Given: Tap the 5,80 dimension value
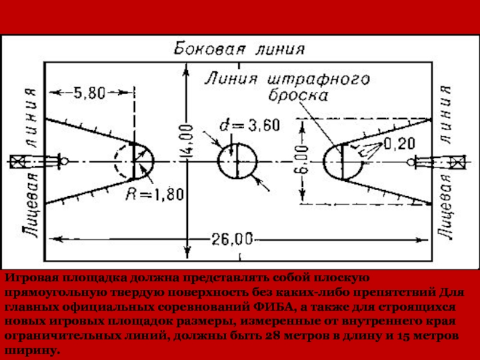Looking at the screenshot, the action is [x=89, y=93].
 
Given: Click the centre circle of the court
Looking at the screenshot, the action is [x=236, y=161].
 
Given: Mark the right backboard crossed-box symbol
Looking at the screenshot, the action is [x=457, y=161].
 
